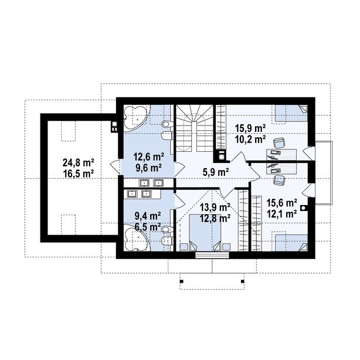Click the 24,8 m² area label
pos(79,163)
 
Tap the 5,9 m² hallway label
pos(216,172)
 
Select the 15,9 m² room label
pos(250,128)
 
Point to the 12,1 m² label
pos(281,214)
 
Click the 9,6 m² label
pos(148,168)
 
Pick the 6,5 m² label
pos(147,227)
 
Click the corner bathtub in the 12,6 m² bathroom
pos(135,118)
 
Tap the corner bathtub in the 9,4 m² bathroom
pos(136,239)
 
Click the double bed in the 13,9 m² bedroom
pos(205,232)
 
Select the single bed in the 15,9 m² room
pos(291,113)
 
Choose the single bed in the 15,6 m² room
pos(291,243)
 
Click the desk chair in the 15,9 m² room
pos(279,143)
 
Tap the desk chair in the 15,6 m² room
pos(279,179)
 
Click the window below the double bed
pos(212,255)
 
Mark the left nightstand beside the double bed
pos(183,247)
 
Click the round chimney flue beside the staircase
pos(222,157)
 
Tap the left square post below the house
pos(182,281)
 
